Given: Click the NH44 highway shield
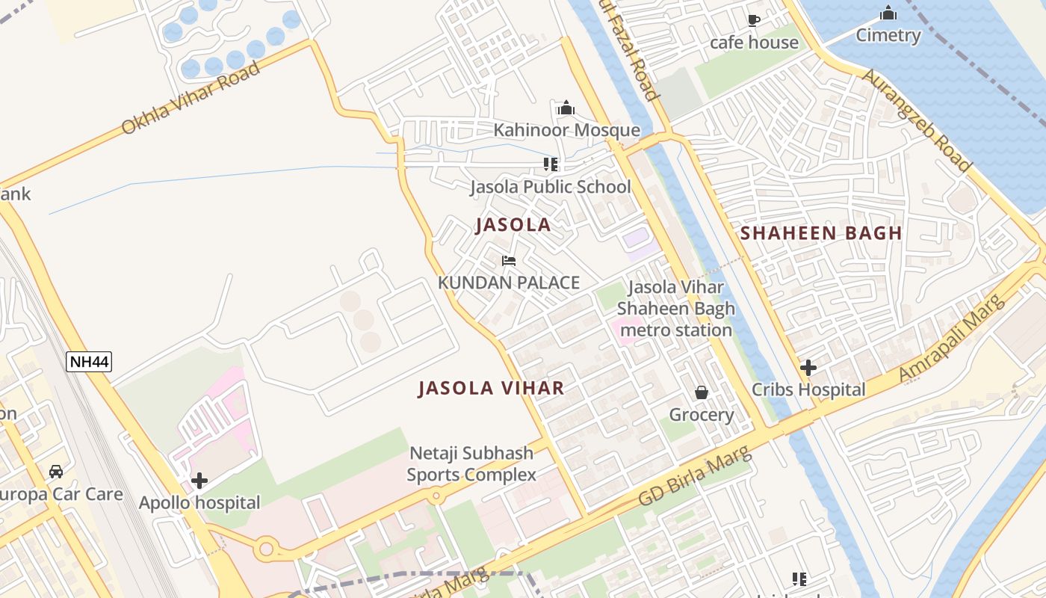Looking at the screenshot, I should [89, 363].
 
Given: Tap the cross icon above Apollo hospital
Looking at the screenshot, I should [199, 481].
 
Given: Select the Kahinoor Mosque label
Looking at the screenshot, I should [566, 130].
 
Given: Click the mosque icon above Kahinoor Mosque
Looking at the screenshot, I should [566, 108].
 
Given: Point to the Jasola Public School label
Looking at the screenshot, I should [550, 186].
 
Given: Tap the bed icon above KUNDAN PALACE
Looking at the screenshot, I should [509, 261].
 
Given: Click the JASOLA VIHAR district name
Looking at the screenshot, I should [491, 388].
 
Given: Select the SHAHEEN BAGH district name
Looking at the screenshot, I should [821, 233].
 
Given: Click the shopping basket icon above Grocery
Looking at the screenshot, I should [702, 392].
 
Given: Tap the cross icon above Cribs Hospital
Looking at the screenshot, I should [808, 367].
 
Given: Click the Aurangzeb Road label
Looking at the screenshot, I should [917, 120].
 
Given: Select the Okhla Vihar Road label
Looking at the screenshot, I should [191, 98].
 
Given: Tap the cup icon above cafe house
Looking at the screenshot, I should [754, 20].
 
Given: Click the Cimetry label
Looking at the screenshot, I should [888, 35].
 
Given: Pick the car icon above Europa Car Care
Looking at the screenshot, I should [56, 471].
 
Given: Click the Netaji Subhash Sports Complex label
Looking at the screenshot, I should [471, 463].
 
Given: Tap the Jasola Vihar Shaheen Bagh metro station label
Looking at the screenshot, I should [675, 308].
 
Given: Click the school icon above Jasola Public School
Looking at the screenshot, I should [551, 164].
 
